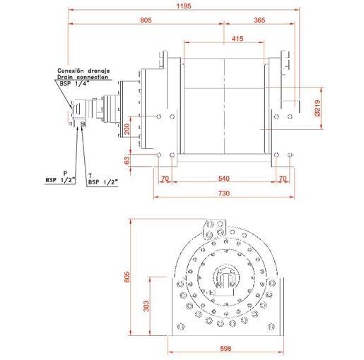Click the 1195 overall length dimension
[x=184, y=6]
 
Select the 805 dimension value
[x=146, y=20]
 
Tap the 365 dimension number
[x=259, y=20]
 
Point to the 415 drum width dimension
[x=237, y=39]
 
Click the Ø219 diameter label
[x=317, y=108]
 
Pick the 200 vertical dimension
[x=127, y=129]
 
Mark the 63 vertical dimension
[x=127, y=160]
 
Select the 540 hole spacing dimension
[x=223, y=178]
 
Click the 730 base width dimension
[x=223, y=193]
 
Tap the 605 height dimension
[x=127, y=277]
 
